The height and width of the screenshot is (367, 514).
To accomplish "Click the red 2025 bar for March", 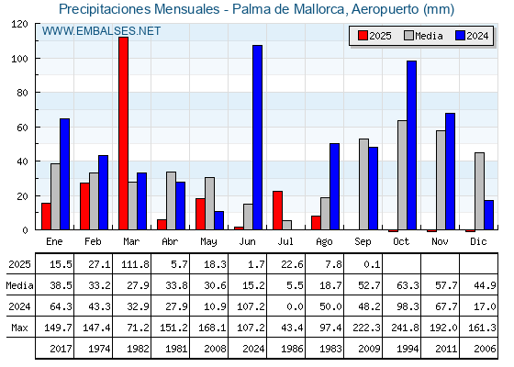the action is [x=123, y=133].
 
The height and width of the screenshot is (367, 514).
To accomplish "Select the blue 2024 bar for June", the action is [x=257, y=138].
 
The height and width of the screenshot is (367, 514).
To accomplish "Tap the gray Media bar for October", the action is [x=402, y=175].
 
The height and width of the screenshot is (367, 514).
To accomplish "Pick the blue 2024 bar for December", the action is [x=488, y=215].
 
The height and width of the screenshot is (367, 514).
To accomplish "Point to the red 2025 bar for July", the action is [x=277, y=210].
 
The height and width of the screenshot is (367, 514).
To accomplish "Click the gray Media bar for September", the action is [x=363, y=184].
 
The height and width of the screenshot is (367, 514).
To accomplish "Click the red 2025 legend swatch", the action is [x=363, y=36].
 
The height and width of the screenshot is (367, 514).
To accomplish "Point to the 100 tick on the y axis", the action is [x=37, y=59].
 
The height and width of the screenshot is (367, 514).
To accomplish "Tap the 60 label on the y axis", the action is [x=22, y=128].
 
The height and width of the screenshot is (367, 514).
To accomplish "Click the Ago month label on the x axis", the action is [x=324, y=242].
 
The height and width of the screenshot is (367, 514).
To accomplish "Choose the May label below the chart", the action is [x=208, y=242].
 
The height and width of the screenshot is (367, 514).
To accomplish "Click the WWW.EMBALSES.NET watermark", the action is [x=101, y=31].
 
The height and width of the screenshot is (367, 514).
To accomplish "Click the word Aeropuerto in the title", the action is [x=385, y=9].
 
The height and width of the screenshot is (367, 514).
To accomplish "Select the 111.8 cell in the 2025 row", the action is [x=135, y=264].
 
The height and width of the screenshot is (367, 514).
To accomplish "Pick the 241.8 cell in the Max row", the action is [x=405, y=328].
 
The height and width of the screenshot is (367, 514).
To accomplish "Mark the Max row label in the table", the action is [x=19, y=328].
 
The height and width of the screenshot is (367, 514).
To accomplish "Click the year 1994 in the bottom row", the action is [x=408, y=349].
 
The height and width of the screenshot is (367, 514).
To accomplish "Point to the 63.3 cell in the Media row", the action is [x=408, y=285].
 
